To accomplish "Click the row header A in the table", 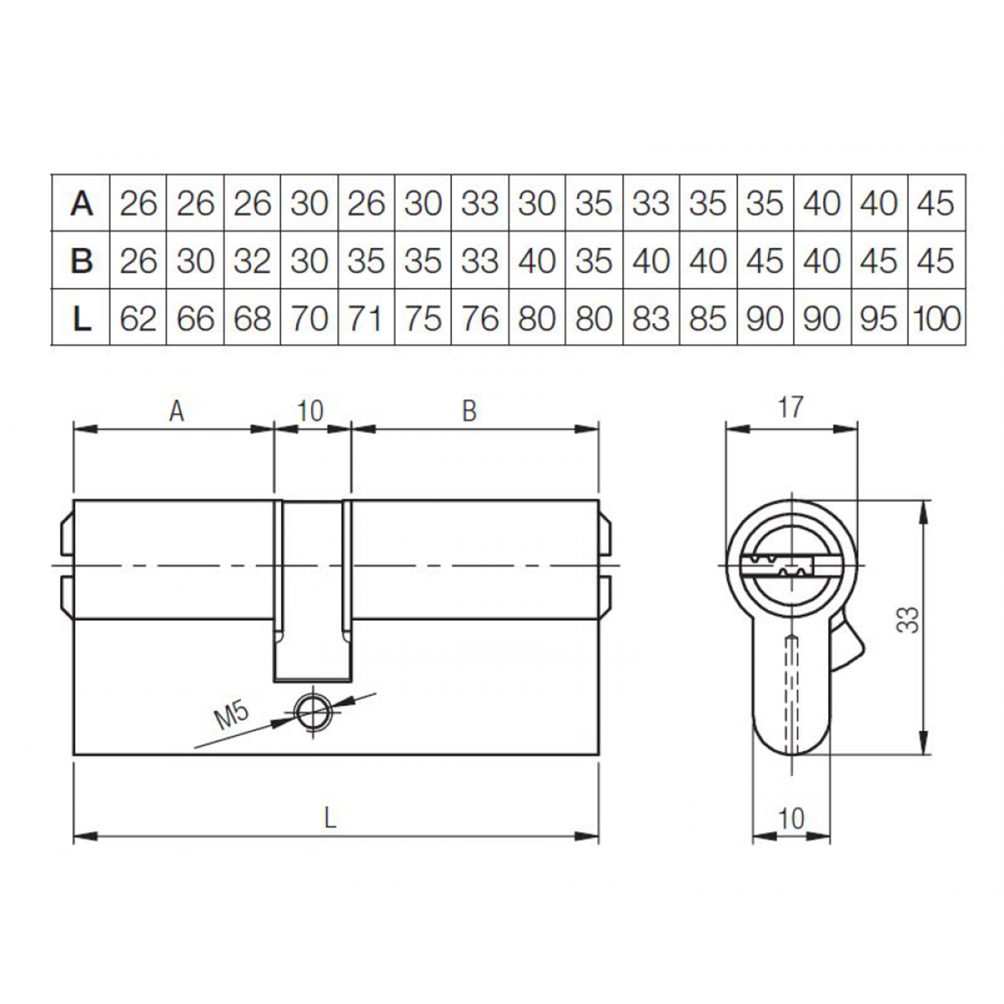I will (x=81, y=203).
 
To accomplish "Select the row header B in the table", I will (x=81, y=261).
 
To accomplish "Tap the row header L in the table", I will (x=81, y=319).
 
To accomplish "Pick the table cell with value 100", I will (x=938, y=319).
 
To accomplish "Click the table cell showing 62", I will (x=138, y=319).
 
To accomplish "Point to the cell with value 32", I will (x=252, y=261).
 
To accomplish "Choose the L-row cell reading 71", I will (x=366, y=319).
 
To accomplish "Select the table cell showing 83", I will (x=650, y=319).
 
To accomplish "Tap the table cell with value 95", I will (x=878, y=319).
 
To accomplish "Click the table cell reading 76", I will (x=479, y=319).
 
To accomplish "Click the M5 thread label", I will (x=233, y=716).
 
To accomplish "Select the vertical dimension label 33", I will (x=911, y=619).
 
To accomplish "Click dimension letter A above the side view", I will (x=176, y=411).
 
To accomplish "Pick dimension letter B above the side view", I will (x=469, y=411).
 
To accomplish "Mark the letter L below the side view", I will (x=330, y=817).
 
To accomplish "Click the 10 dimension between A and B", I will (x=310, y=411).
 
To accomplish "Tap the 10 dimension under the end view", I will (x=791, y=817).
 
